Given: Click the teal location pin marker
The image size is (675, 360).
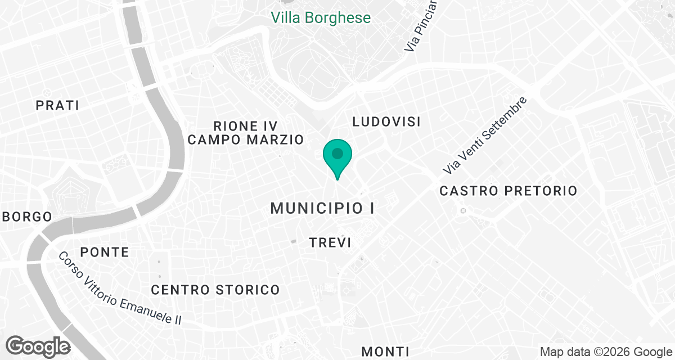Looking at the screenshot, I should pyautogui.click(x=337, y=155).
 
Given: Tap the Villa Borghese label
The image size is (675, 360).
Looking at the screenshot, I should pyautogui.click(x=321, y=17).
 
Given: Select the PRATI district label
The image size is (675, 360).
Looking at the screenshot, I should pyautogui.click(x=57, y=105).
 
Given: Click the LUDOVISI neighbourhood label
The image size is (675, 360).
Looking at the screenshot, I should pyautogui.click(x=386, y=121).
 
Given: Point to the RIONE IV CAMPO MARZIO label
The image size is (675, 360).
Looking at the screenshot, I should pyautogui.click(x=246, y=133).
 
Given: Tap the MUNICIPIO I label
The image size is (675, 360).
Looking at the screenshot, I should pyautogui.click(x=322, y=208).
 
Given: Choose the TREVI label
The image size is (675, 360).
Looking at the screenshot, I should pyautogui.click(x=330, y=243).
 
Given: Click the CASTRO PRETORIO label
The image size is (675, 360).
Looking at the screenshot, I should pyautogui.click(x=508, y=191).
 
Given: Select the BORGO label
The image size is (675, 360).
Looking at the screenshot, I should pyautogui.click(x=27, y=217).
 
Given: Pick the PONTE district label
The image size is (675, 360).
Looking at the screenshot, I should pyautogui.click(x=105, y=252).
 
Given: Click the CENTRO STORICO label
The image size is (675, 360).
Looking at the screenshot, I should pyautogui.click(x=215, y=290).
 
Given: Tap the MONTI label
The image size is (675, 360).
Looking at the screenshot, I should pyautogui.click(x=385, y=352).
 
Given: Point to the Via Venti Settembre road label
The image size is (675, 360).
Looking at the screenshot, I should pyautogui.click(x=485, y=135).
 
